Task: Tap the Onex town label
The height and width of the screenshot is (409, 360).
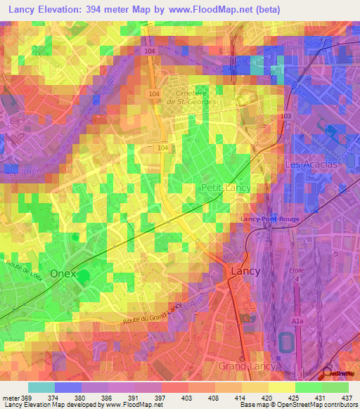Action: [x=67, y=273]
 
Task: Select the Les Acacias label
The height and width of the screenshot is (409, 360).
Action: [x=311, y=164]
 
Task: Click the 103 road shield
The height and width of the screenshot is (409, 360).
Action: [x=285, y=115]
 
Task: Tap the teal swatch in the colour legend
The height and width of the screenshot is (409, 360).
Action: [x=41, y=387]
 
